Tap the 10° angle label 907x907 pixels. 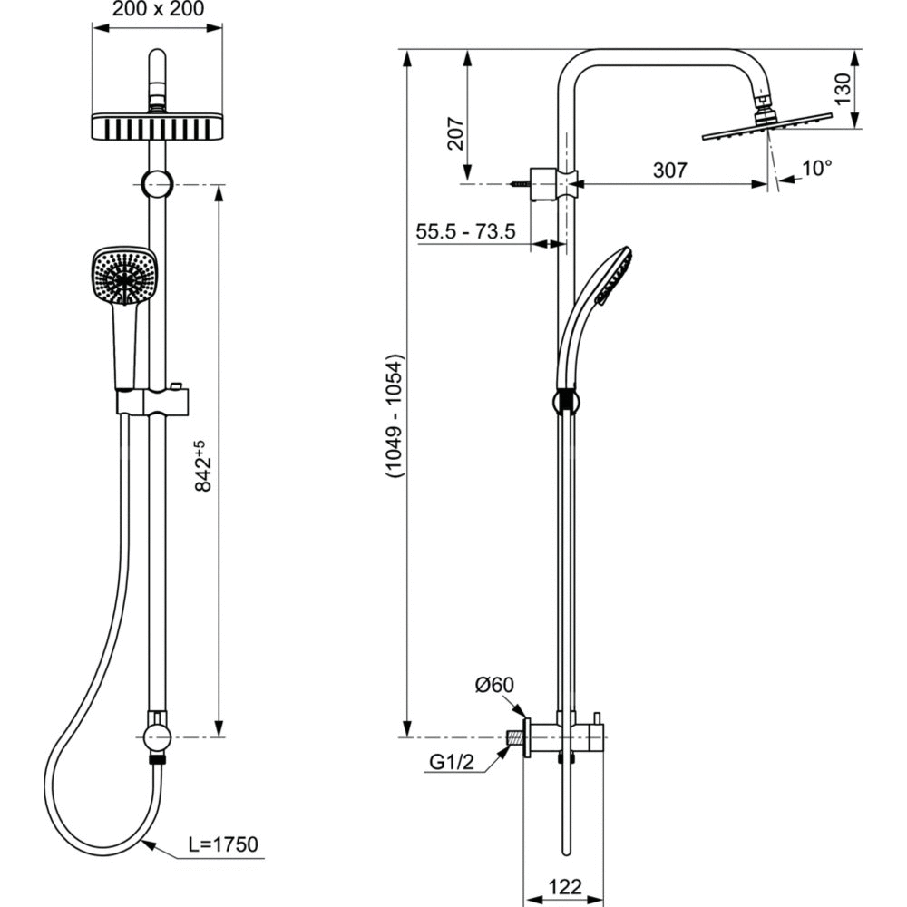click(816, 168)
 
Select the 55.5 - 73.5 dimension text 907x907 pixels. click(465, 231)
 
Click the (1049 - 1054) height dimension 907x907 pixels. click(392, 414)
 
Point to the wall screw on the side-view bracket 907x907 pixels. click(522, 185)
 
